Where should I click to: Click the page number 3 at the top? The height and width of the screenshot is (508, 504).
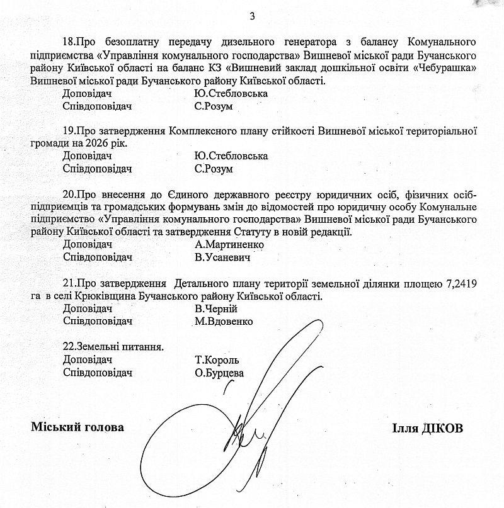coord(252,15)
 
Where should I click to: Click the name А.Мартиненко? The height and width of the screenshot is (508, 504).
coord(229,244)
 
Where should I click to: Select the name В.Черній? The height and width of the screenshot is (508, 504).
coord(216,309)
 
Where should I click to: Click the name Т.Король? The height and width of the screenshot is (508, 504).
coord(217,360)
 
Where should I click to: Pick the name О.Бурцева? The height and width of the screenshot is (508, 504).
coord(219,373)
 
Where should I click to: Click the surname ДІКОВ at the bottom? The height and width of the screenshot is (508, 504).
coord(441,428)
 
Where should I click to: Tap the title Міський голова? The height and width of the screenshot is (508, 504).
coord(77,427)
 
